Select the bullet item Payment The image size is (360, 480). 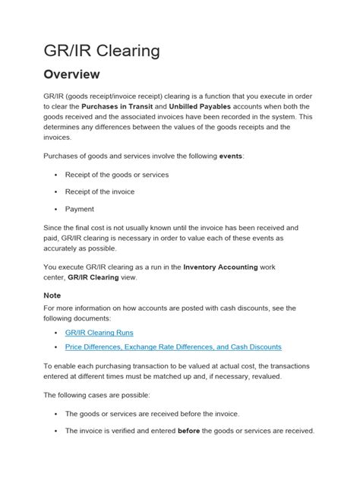pos(80,209)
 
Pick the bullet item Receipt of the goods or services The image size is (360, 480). pos(117,175)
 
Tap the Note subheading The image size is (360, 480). pos(52,295)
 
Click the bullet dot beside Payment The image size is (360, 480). pos(57,209)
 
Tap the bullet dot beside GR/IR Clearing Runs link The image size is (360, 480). pos(57,332)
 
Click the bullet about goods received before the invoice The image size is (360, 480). pos(152,413)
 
